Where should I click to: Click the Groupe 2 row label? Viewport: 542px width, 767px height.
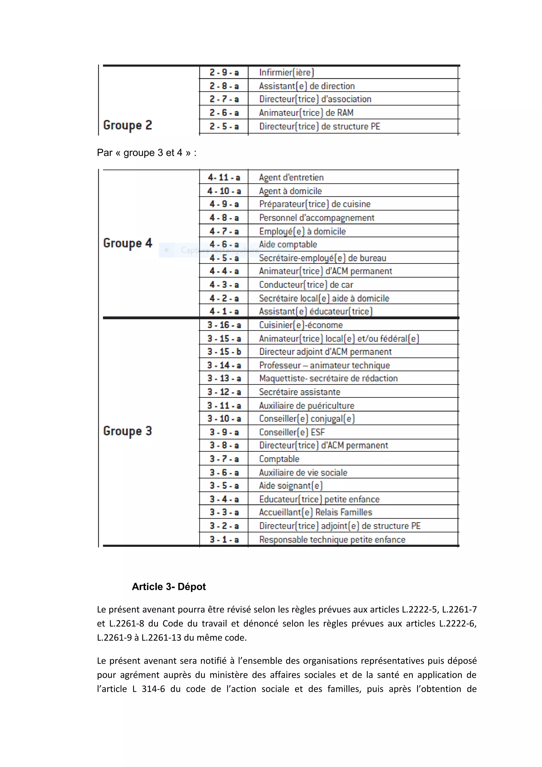tap(128, 125)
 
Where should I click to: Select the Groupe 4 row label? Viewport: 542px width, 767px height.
tap(128, 243)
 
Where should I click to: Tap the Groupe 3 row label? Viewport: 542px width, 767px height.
tap(128, 431)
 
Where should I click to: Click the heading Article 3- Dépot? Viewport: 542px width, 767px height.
tap(169, 586)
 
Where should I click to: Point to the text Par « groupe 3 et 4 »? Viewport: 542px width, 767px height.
tap(146, 153)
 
